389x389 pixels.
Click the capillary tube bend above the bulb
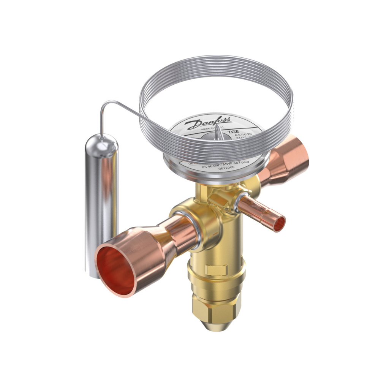pyautogui.click(x=104, y=106)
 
